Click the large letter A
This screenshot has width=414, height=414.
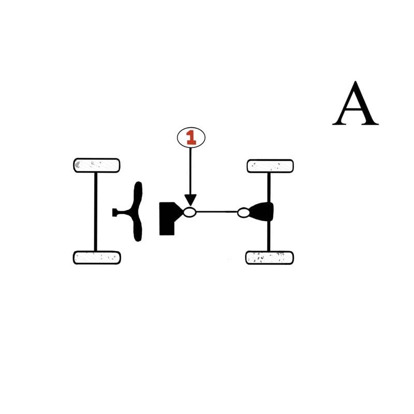(355, 104)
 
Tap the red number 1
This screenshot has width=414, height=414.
(191, 137)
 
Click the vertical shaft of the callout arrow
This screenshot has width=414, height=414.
(190, 171)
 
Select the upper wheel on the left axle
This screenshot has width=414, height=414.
(97, 165)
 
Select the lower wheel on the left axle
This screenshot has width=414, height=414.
(97, 257)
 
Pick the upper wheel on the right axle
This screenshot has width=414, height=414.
(270, 166)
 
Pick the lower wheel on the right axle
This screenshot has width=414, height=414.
(270, 257)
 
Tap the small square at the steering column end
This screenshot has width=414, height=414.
(114, 212)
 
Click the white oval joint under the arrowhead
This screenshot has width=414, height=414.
(190, 212)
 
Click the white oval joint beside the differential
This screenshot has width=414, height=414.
(243, 212)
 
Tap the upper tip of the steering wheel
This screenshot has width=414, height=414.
(138, 185)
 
